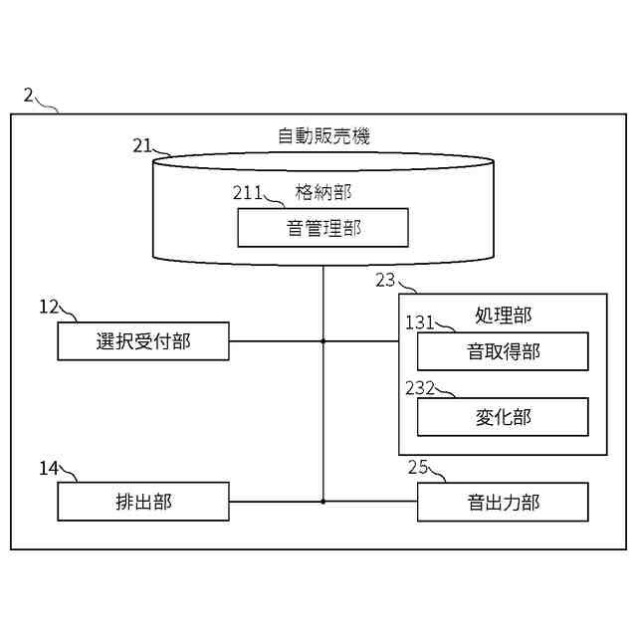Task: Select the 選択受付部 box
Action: coord(143,341)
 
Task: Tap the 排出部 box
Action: coord(143,502)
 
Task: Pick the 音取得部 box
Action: coord(503,351)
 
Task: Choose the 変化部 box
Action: coord(503,416)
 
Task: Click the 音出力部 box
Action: coord(503,502)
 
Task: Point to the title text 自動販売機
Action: coord(323,136)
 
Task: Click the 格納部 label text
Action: coord(323,190)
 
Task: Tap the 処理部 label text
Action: coord(503,316)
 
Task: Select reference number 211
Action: coord(248,191)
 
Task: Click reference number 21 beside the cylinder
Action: coord(142,145)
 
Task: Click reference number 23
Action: coord(386,280)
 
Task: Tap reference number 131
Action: coord(420,321)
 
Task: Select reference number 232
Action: coord(420,387)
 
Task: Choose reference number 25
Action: coord(418,467)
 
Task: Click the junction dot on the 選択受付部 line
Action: coord(323,341)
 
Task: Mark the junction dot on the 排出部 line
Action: coord(323,502)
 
